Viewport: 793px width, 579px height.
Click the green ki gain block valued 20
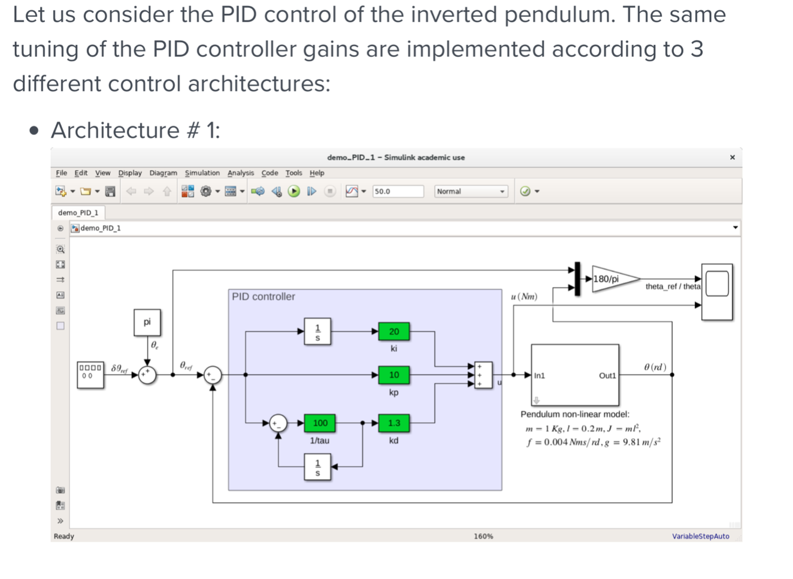coord(394,331)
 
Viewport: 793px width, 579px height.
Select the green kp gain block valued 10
coord(394,375)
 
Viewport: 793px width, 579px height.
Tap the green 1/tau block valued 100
coord(320,423)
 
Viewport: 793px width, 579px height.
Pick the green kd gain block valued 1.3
coord(394,423)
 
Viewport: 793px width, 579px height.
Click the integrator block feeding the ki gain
coord(317,331)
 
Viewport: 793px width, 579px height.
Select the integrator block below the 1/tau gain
coord(317,466)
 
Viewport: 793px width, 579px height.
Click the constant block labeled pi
coord(147,322)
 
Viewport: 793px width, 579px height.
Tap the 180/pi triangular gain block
coord(611,279)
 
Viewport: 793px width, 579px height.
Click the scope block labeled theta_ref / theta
coord(717,291)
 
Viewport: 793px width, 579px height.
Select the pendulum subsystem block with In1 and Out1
coord(574,375)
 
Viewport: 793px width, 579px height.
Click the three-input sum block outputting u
coord(483,375)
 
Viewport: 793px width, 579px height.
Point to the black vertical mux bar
coord(577,279)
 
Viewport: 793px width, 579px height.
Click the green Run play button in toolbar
coord(294,191)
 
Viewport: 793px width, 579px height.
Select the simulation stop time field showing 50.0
coord(397,191)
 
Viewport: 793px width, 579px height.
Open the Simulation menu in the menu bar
coord(202,173)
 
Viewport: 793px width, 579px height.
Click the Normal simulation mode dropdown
coord(471,191)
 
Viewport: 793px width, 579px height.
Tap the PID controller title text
coord(264,297)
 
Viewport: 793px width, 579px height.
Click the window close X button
coord(732,157)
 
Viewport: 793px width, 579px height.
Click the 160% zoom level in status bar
coord(483,536)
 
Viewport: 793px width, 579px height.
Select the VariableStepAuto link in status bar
coord(700,536)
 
